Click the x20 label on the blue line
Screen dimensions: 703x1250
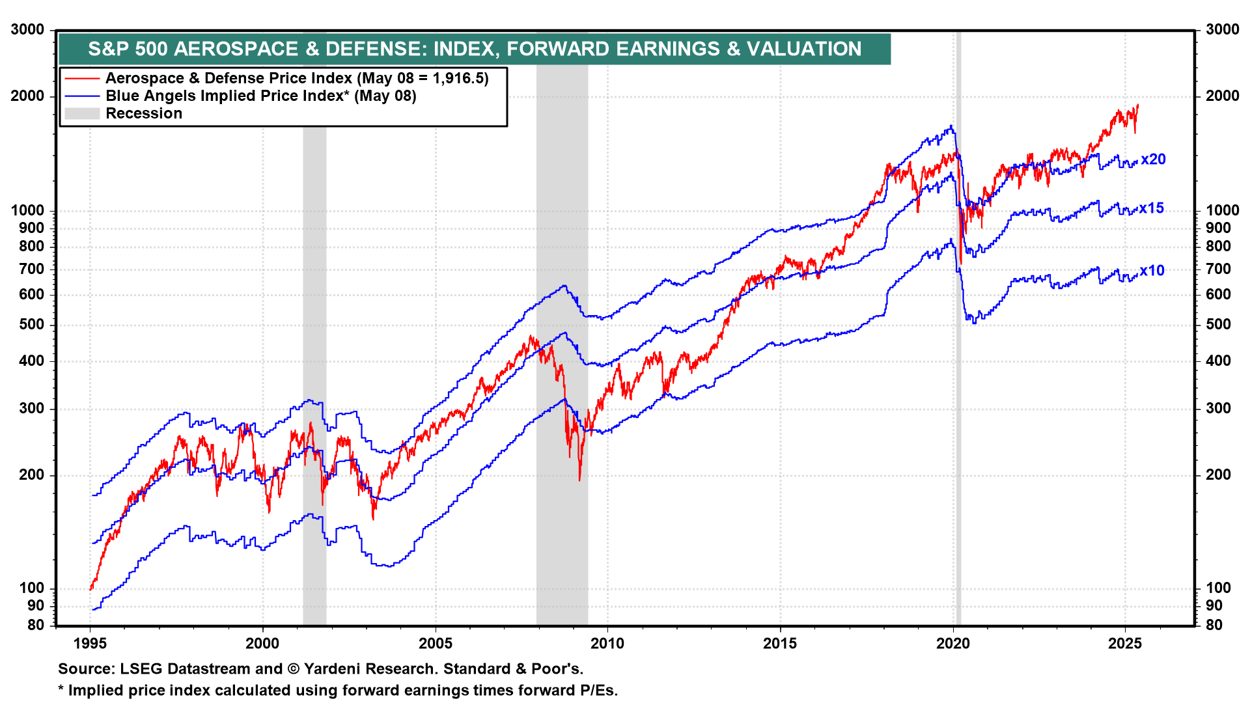tap(1153, 159)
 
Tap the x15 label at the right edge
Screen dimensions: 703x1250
tap(1151, 208)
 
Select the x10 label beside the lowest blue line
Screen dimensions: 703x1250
tap(1152, 271)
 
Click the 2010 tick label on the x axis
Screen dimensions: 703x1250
tap(607, 644)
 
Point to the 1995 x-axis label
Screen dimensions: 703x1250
tap(90, 644)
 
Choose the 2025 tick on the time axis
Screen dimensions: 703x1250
tap(1125, 644)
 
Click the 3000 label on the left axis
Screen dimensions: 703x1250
tap(28, 30)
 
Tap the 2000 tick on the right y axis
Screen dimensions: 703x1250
tap(1222, 96)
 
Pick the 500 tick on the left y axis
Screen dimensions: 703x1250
tap(32, 325)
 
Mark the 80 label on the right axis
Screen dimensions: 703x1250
tap(1214, 625)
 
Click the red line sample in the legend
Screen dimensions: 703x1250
tap(82, 79)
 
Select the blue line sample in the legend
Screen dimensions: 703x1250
tap(82, 96)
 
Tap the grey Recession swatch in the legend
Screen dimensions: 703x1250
tap(82, 114)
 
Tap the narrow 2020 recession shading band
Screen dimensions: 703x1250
tap(958, 391)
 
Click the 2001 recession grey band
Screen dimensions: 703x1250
tap(314, 325)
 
